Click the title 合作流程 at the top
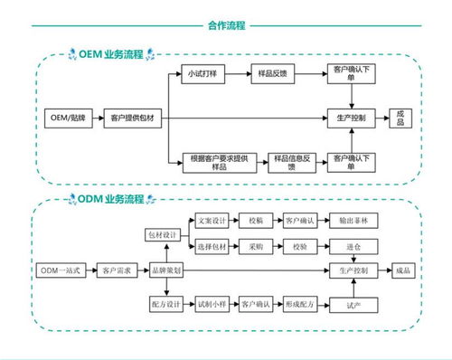coord(226,26)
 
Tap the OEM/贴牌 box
coord(68,118)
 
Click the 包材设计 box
coord(165,234)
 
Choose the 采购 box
coord(256,246)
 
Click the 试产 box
coord(353,306)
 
